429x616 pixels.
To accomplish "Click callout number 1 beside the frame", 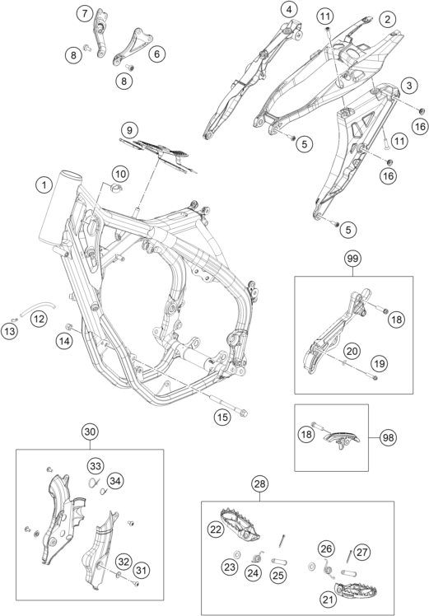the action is [44, 184].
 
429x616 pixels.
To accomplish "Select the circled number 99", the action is [352, 259].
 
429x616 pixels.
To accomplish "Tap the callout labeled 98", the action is [388, 437].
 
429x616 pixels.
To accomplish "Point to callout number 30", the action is [90, 432].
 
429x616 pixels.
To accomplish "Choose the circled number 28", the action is [259, 483].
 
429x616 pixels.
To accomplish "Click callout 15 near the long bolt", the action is [222, 417].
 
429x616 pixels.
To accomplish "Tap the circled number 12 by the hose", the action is [39, 319].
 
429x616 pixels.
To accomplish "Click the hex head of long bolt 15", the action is [243, 413].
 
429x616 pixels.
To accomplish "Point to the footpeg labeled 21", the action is [356, 590].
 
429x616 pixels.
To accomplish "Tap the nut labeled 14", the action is [69, 326].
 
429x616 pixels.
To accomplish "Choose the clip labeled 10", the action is [116, 188].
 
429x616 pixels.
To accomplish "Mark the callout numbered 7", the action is [85, 14].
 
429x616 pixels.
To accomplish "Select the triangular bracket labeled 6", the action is [132, 45].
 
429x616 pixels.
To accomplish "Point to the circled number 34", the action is [115, 480].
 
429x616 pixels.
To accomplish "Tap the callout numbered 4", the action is [290, 9].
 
